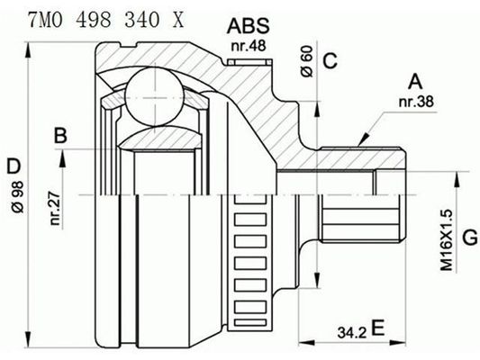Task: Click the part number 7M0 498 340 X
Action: click(x=95, y=19)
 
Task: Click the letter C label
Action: click(x=330, y=61)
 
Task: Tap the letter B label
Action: click(x=60, y=136)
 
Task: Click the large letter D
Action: click(x=12, y=166)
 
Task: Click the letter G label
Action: click(x=469, y=238)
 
